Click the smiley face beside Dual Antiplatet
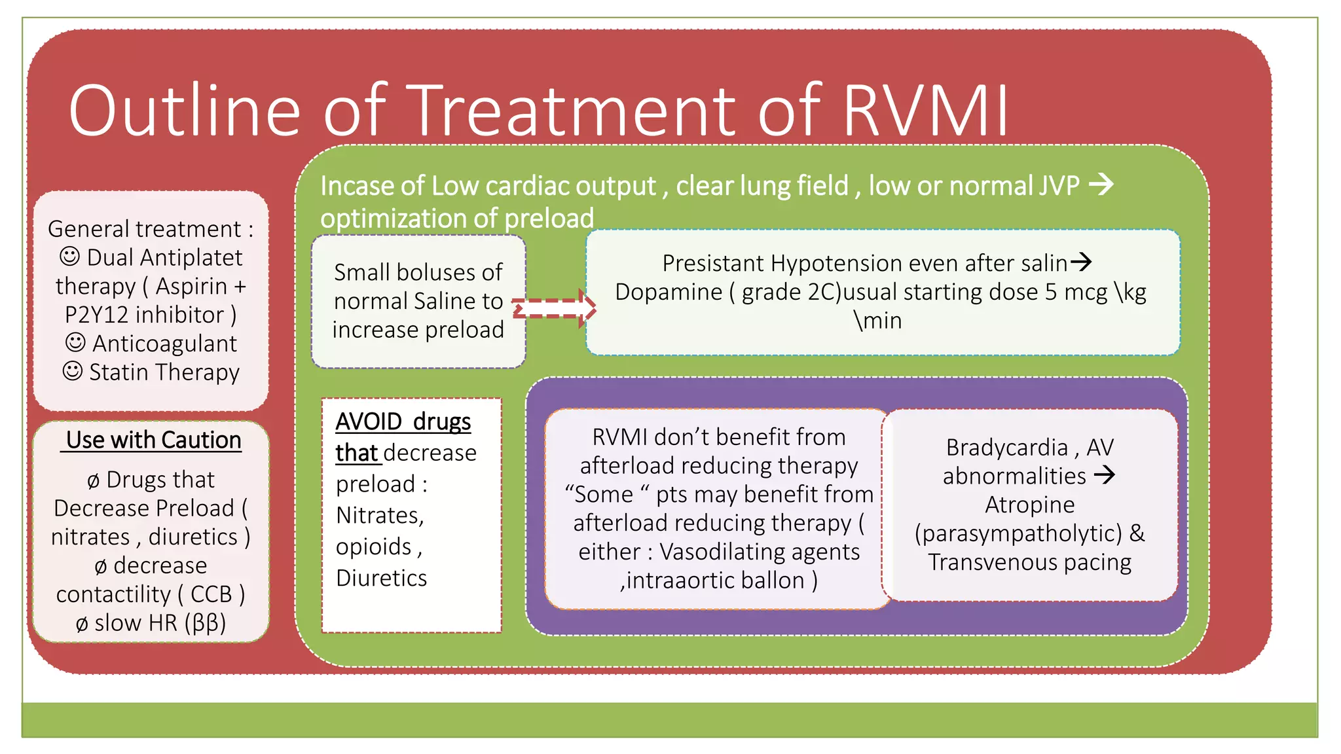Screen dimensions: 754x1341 (69, 257)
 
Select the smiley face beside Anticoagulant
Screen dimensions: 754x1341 (75, 342)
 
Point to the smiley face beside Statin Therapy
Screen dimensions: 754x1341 (72, 371)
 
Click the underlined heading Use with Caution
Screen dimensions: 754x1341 (154, 440)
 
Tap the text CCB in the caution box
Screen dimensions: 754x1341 (211, 594)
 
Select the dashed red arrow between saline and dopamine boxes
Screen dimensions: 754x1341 (554, 308)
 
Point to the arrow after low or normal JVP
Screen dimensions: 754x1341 (1101, 185)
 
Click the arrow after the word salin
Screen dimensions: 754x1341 (1081, 262)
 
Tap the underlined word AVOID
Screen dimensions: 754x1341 (369, 422)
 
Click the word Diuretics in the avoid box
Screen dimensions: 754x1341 (381, 578)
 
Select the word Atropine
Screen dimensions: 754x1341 (1029, 505)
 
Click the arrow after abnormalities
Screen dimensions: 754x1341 (1105, 475)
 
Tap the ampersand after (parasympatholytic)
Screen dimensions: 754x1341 (1137, 533)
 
